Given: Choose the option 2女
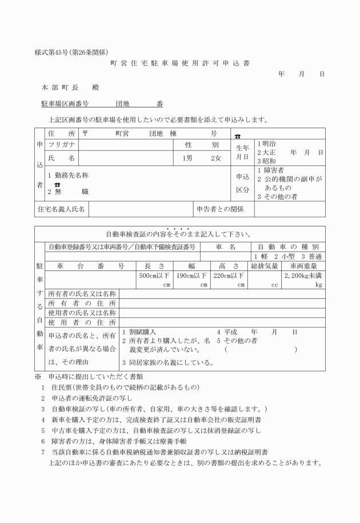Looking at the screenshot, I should pyautogui.click(x=215, y=158).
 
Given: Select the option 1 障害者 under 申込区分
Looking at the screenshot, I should pyautogui.click(x=274, y=170).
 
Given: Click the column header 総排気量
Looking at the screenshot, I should pyautogui.click(x=264, y=266).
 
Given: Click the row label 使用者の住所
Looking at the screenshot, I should pyautogui.click(x=82, y=322).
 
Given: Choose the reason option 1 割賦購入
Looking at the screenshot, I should pyautogui.click(x=140, y=332).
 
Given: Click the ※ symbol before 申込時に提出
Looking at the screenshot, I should pyautogui.click(x=38, y=377).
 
